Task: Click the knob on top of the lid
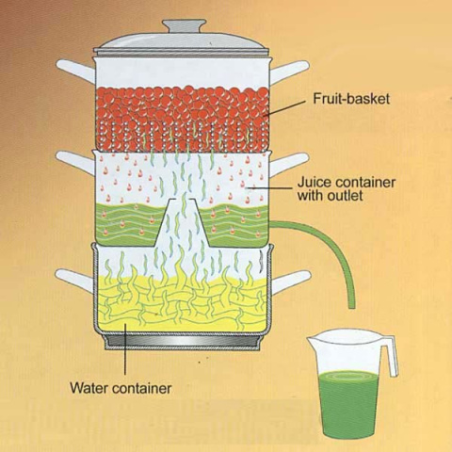pos(184,26)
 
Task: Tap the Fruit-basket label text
pos(351,99)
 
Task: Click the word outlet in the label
pos(346,196)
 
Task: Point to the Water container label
pos(121,388)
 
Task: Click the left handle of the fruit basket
pos(75,71)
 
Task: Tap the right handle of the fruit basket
pos(290,73)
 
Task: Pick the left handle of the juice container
pos(75,161)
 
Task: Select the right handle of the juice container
pos(289,164)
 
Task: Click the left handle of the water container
pos(75,281)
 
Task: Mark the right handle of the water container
pos(291,282)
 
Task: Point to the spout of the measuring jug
pos(312,340)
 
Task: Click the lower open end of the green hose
pos(352,306)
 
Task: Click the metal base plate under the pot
pos(183,342)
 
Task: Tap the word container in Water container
pos(142,388)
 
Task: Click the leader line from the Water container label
pos(125,349)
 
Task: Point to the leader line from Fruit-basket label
pos(284,108)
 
